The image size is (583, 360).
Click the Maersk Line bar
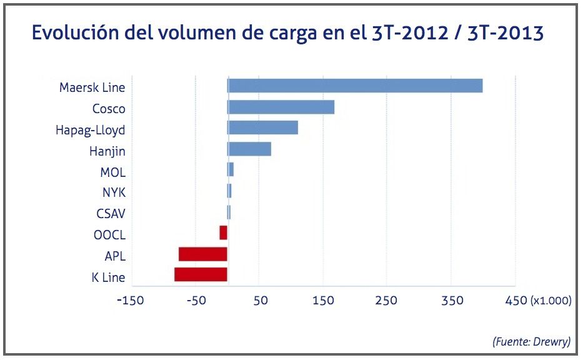[355, 86]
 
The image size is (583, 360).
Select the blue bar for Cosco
[281, 107]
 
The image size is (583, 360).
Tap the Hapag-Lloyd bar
[263, 128]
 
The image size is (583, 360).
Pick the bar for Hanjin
[249, 149]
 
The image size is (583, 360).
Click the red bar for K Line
[201, 275]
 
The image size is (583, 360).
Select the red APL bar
[202, 254]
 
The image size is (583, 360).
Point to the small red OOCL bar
[223, 233]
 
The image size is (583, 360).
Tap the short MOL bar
[231, 170]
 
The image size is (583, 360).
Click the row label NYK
[114, 192]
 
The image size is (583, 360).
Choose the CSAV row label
[111, 214]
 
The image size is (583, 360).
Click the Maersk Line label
[92, 87]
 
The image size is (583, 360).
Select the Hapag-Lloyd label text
[90, 130]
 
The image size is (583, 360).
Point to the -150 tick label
[131, 301]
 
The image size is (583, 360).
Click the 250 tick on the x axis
[387, 301]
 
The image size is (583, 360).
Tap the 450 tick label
[516, 301]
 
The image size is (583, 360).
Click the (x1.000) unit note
[551, 301]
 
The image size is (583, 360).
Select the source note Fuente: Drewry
[531, 341]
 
